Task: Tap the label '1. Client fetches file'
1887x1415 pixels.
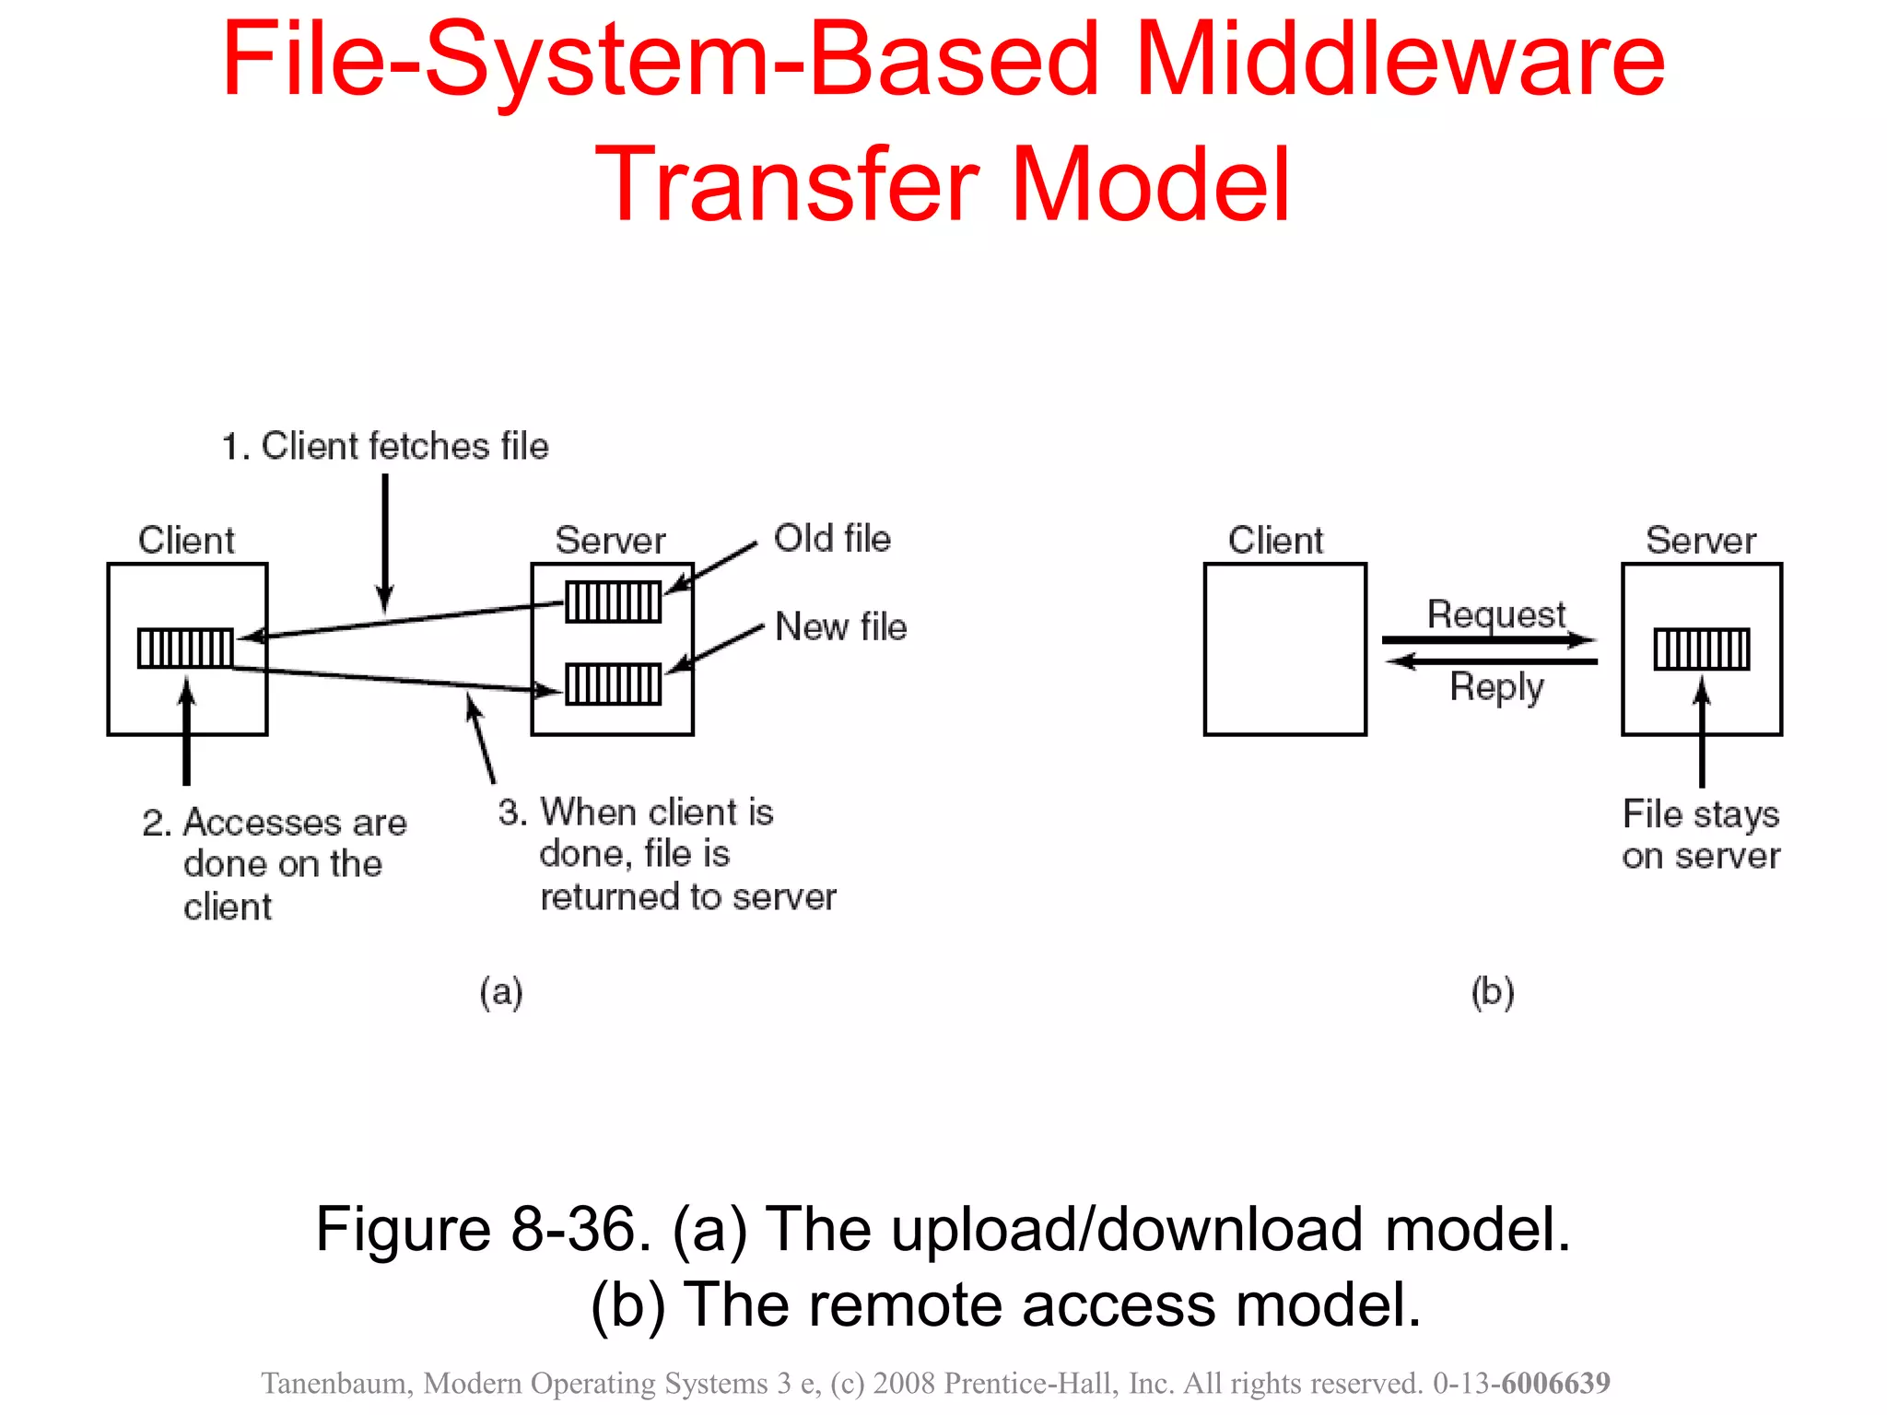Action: coord(385,446)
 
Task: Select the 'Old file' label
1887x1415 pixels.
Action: coord(832,538)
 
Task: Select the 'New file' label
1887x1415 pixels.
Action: coord(840,626)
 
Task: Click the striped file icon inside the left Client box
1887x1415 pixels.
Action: coord(185,648)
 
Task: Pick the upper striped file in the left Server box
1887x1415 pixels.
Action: coord(613,602)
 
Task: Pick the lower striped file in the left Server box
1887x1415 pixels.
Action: coord(613,684)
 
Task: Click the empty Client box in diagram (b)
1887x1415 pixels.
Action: coord(1284,649)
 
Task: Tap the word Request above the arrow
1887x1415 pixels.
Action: coord(1495,614)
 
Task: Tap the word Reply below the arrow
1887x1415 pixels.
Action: coord(1496,686)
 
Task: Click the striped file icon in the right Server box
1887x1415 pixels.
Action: coord(1701,649)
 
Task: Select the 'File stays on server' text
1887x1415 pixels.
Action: coord(1701,835)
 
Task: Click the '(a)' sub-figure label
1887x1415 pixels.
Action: coord(501,992)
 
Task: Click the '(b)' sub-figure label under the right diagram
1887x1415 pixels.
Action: coord(1493,992)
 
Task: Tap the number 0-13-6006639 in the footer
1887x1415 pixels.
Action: coord(1520,1383)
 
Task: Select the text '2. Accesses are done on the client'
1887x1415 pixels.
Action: coord(275,863)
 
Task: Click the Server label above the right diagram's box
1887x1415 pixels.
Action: coord(1701,540)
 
